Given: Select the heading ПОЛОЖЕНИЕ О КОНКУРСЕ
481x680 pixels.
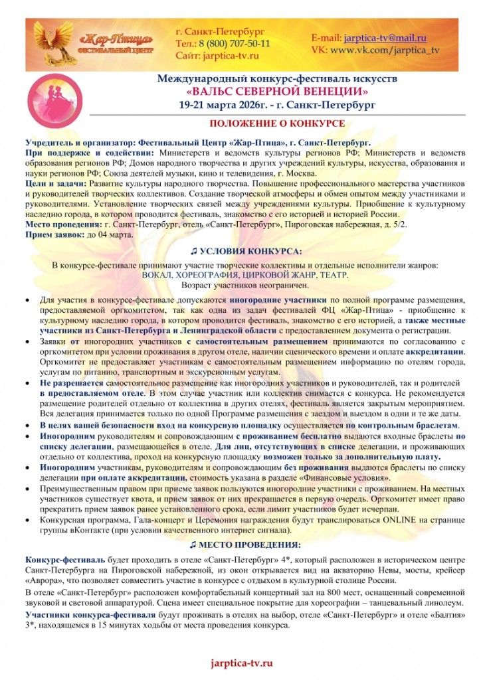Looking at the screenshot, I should coord(276,124).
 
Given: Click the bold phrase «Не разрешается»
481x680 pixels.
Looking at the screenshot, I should coord(71,384).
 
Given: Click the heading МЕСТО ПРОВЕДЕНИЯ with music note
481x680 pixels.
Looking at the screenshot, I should coord(245,545).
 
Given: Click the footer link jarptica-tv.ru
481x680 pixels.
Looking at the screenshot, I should coord(241,663).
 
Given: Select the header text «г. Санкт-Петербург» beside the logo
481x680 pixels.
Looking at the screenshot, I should coord(220,31).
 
